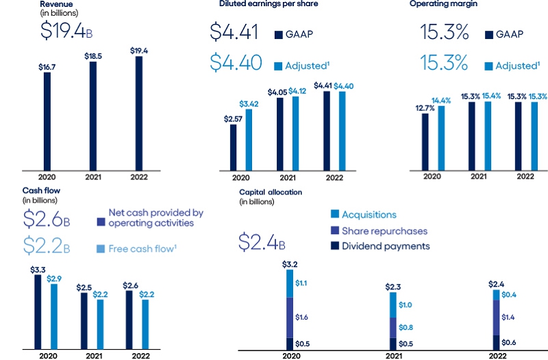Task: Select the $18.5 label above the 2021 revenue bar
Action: (92, 55)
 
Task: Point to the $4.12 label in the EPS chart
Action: (297, 90)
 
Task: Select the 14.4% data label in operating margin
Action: (441, 100)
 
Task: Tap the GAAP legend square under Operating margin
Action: (489, 34)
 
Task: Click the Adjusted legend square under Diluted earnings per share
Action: (279, 66)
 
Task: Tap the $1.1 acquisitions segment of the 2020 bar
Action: (290, 283)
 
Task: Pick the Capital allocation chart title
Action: (270, 192)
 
